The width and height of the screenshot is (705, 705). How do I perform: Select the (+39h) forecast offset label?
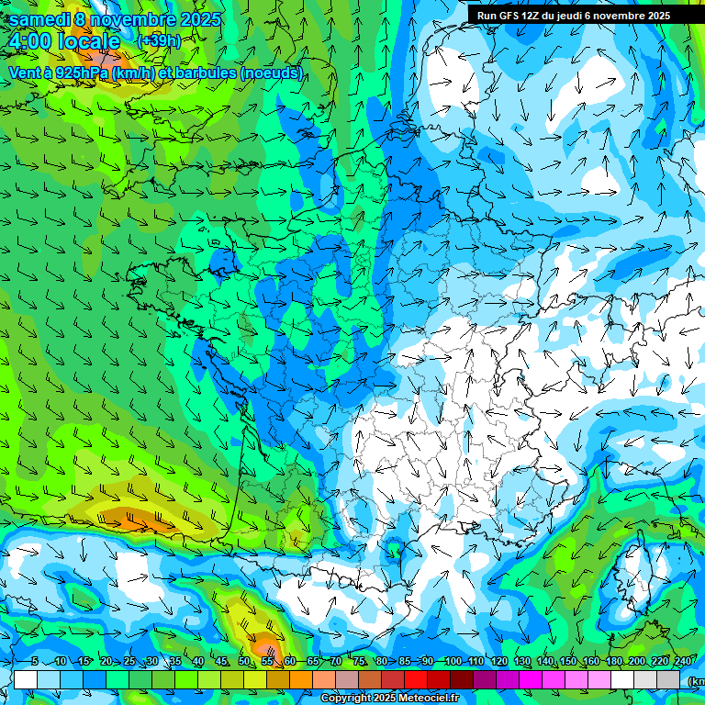158,40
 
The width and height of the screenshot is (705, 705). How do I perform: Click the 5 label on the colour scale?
35,662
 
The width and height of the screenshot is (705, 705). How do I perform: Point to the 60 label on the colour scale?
289,662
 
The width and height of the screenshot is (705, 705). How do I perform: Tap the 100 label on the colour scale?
452,662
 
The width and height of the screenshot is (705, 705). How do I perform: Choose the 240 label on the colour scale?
682,662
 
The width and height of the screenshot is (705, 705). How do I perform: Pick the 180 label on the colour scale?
613,662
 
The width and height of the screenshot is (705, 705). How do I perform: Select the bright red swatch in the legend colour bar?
417,679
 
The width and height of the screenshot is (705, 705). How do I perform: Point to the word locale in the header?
90,41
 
